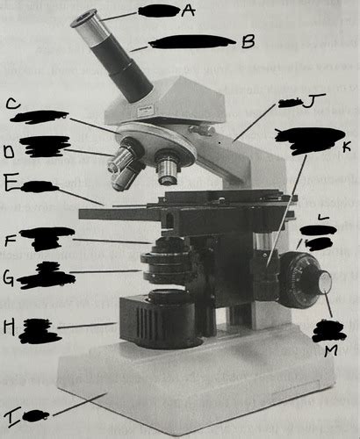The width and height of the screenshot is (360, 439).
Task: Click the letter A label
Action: tap(187, 11)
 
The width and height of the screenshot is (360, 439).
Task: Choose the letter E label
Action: tap(11, 186)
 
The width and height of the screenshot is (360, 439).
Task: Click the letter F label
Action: tap(10, 238)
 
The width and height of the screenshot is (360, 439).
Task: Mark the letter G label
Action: tap(8, 280)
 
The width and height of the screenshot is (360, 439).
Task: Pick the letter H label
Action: tap(9, 327)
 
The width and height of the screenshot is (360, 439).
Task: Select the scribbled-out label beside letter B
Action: tap(191, 40)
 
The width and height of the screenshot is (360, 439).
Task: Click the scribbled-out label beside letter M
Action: tap(329, 332)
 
